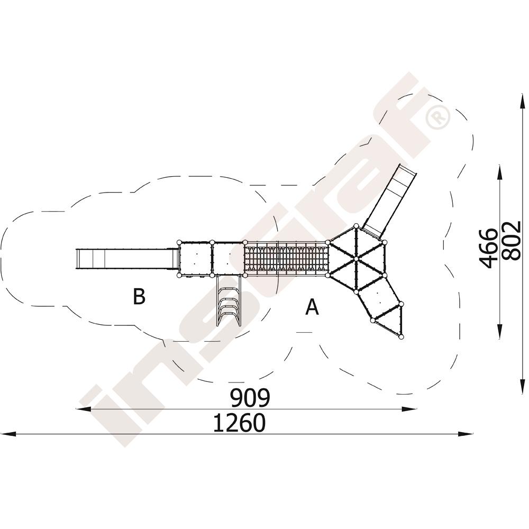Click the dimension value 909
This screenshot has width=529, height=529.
(250, 398)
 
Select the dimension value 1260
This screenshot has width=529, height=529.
(240, 423)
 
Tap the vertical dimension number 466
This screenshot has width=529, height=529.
(489, 248)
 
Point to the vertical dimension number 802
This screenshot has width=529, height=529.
(512, 241)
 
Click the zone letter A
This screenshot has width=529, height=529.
(312, 307)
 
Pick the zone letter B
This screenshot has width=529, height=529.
(139, 296)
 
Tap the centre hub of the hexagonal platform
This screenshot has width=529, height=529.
(356, 259)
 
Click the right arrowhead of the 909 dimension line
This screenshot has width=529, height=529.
(408, 409)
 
